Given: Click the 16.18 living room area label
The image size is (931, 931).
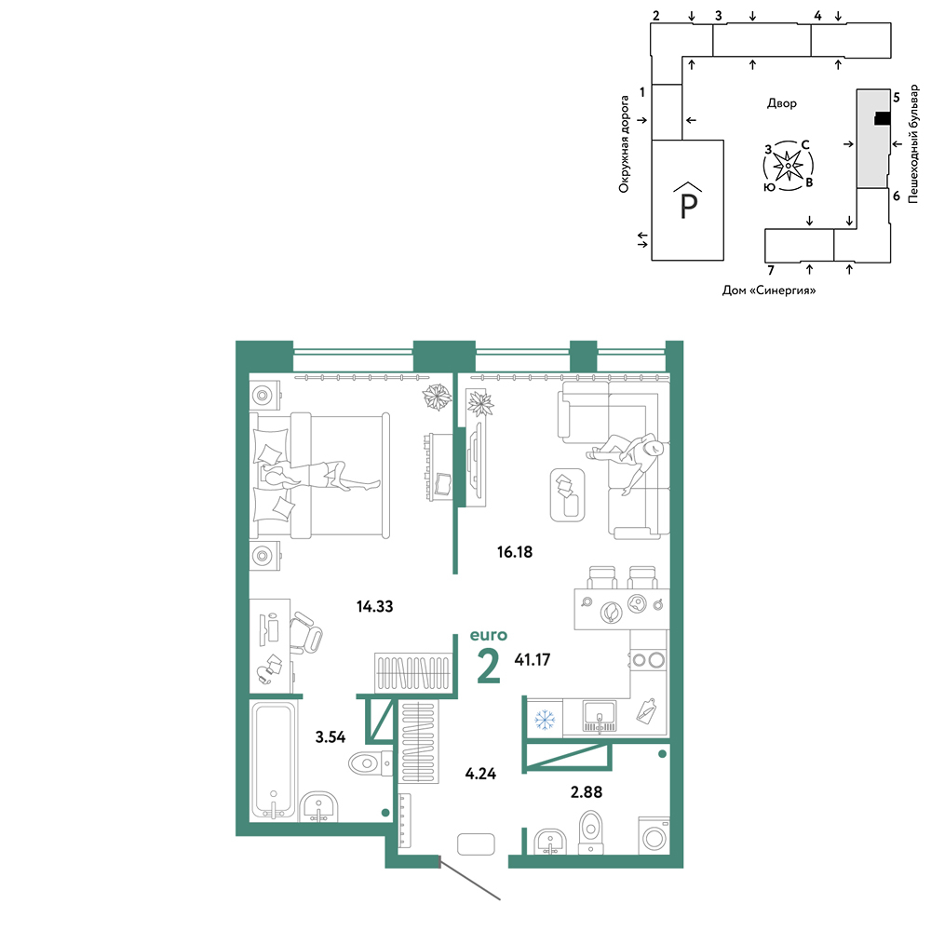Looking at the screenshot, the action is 515,552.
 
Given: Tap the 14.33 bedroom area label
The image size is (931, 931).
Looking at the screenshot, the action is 374,606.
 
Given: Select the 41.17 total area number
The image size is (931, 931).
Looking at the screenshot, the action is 532,660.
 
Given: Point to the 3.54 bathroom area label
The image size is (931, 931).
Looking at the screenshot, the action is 331,736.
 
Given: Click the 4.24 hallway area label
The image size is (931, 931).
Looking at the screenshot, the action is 480,774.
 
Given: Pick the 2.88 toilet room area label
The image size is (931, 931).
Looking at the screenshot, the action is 586,792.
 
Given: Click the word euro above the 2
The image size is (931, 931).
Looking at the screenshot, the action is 489,635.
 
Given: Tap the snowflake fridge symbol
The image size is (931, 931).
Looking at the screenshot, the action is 545,721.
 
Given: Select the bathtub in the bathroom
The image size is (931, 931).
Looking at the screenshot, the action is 274,762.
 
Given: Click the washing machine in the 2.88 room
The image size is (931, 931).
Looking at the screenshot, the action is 654,837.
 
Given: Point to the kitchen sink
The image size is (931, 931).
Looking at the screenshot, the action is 600,715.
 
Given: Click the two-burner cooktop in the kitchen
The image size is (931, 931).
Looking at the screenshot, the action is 648,660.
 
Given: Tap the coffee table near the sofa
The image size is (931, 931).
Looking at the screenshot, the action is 568,495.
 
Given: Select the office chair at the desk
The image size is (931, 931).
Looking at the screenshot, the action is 305,633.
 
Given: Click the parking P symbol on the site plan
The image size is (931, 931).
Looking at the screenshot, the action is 688,201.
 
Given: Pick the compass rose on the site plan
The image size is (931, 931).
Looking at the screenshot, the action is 788,166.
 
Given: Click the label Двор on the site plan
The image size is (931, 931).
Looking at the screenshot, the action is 781,103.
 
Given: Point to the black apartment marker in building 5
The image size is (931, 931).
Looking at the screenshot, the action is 883,119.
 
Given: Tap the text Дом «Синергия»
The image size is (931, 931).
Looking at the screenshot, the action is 769,290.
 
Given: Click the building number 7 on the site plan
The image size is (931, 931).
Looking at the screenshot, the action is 771,270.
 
